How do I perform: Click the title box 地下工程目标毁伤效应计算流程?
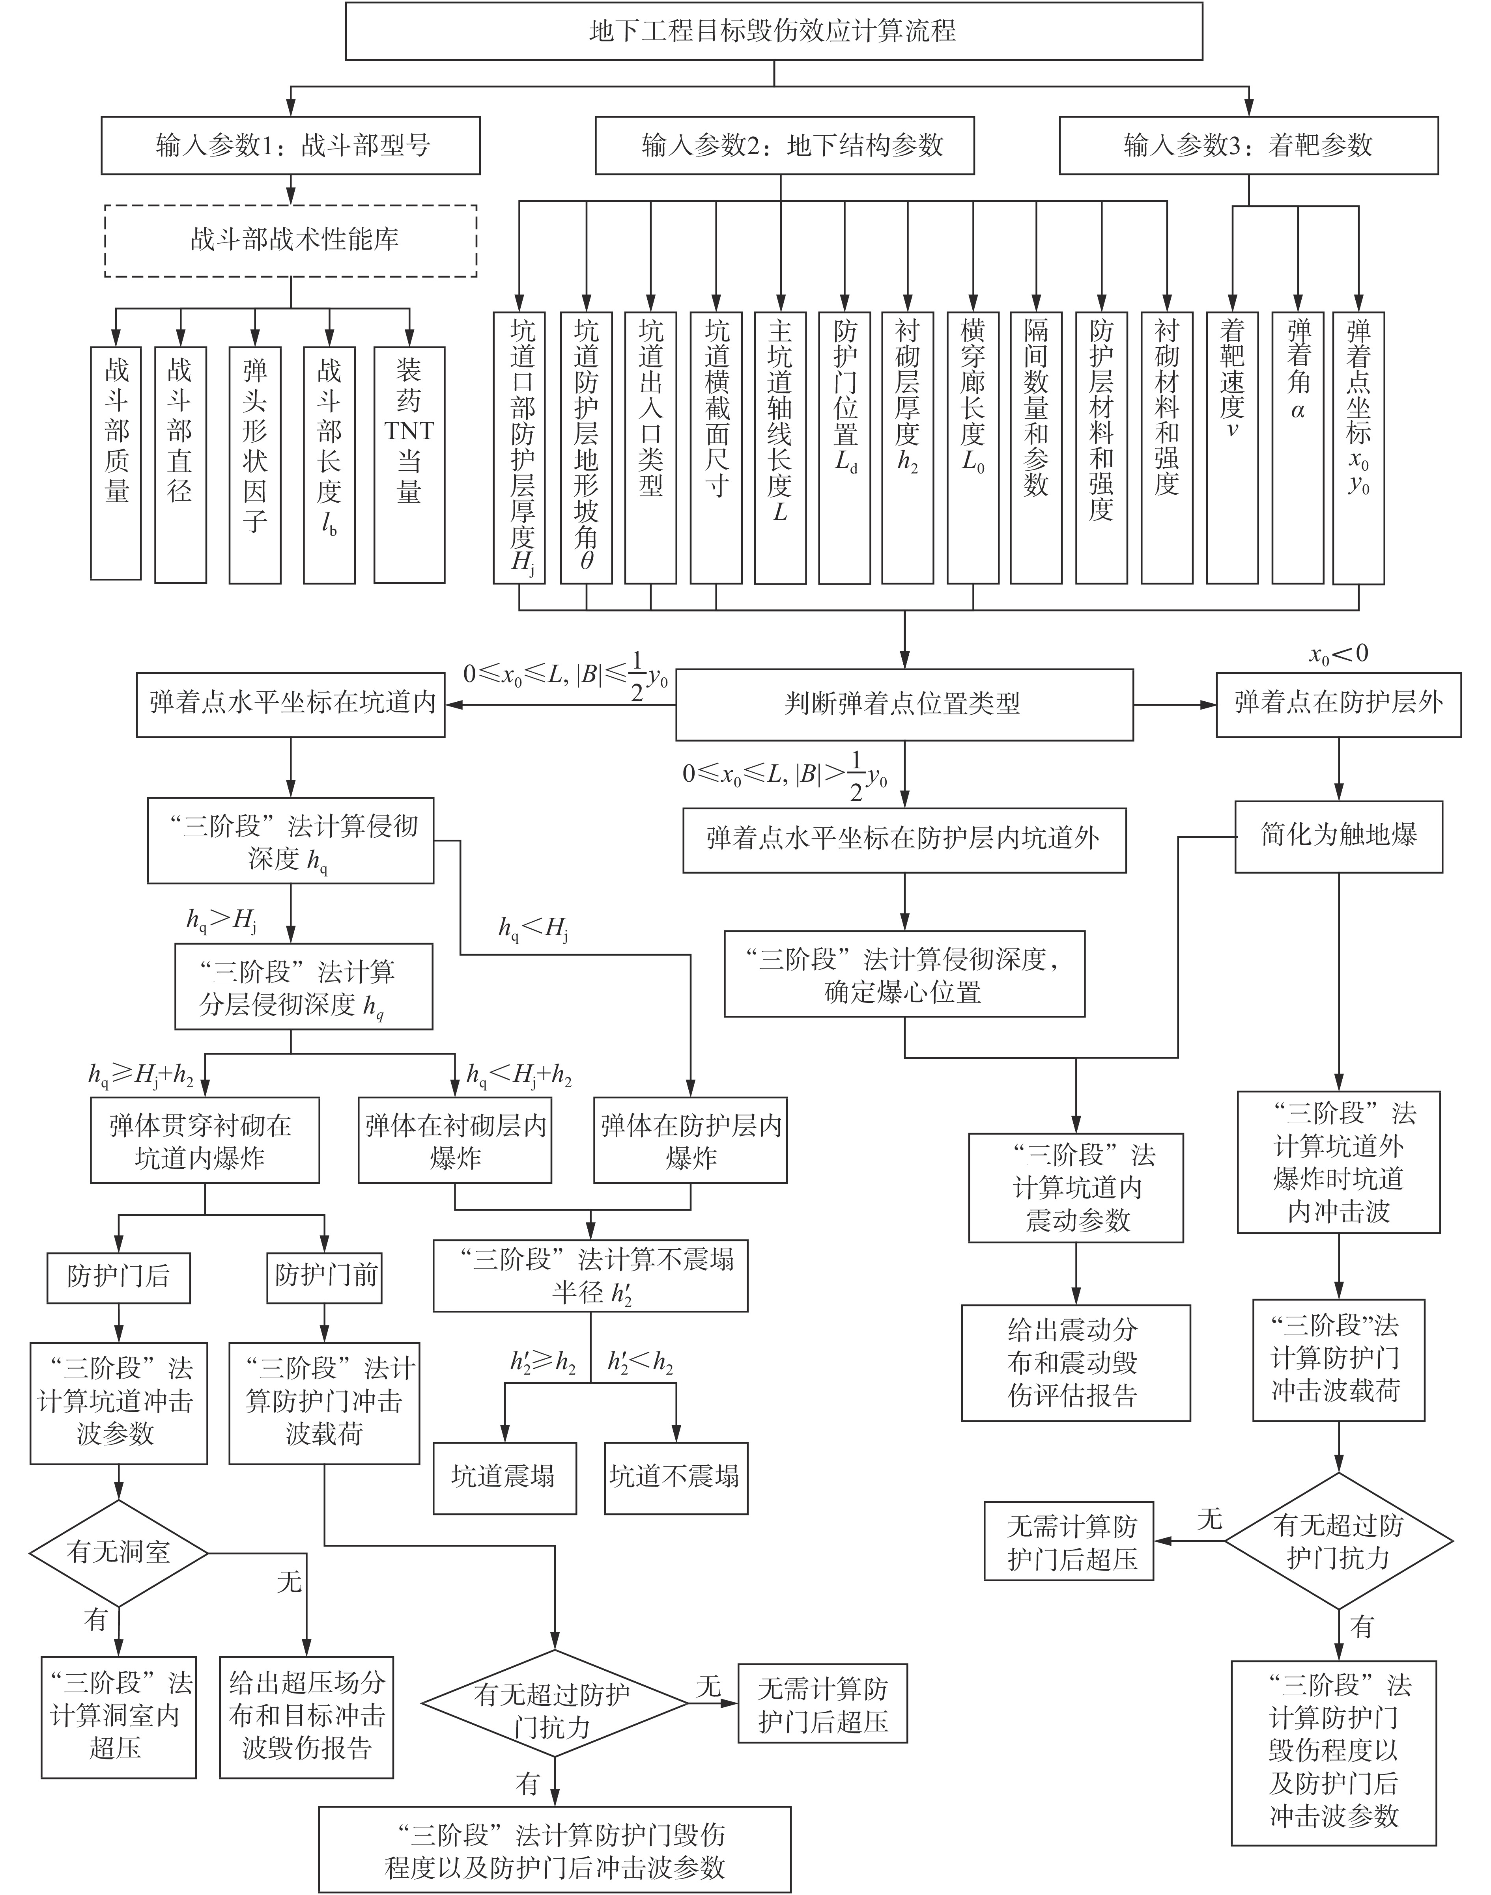click(x=774, y=32)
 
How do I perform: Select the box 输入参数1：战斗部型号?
click(x=291, y=146)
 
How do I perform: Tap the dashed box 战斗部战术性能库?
click(x=291, y=241)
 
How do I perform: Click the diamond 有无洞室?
click(x=118, y=1552)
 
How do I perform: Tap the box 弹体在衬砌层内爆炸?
click(x=455, y=1140)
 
